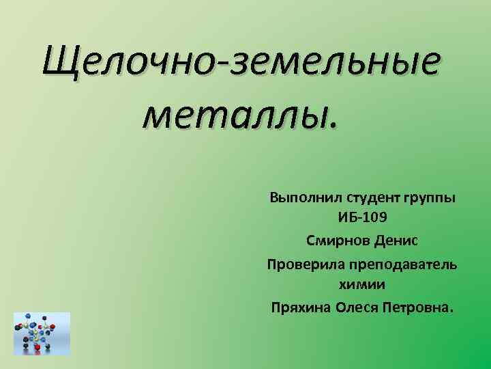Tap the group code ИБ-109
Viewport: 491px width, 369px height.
click(x=362, y=219)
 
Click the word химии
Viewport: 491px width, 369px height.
click(x=362, y=285)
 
